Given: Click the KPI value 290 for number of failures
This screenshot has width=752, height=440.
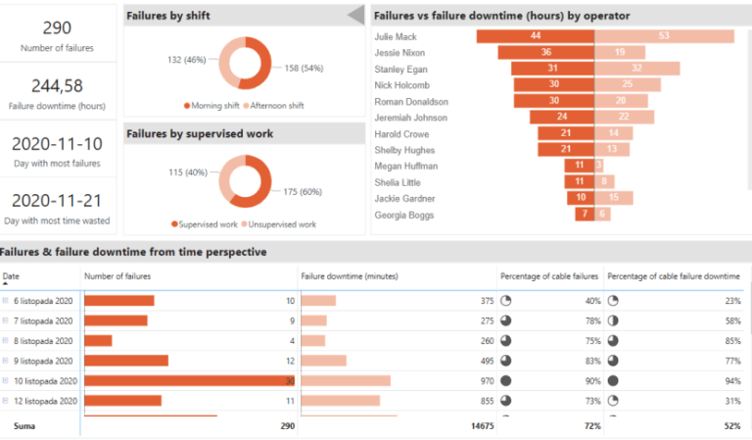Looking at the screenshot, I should [57, 27].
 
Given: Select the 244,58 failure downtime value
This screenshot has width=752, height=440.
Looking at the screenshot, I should [57, 86].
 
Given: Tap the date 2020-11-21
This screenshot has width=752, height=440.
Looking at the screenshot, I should [57, 200].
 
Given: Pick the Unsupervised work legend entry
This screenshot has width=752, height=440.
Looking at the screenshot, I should [278, 224].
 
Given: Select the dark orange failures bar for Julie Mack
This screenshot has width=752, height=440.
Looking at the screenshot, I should [535, 36].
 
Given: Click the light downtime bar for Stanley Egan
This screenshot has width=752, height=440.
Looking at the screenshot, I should [636, 69].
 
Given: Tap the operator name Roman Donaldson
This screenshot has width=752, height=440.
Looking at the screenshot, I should [411, 101].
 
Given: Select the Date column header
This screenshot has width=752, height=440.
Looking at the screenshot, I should [11, 276].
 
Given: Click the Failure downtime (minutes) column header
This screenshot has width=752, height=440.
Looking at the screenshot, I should [342, 276].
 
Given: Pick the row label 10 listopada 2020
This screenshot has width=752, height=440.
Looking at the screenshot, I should [45, 380].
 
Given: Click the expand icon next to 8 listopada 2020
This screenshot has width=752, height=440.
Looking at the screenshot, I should [6, 341].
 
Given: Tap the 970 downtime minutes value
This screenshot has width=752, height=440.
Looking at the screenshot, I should [486, 380].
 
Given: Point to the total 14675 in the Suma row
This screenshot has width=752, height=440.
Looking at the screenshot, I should [480, 427].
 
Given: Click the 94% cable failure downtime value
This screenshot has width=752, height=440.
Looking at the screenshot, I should [730, 380].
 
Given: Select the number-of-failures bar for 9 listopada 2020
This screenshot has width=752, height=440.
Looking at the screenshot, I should [126, 361].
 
